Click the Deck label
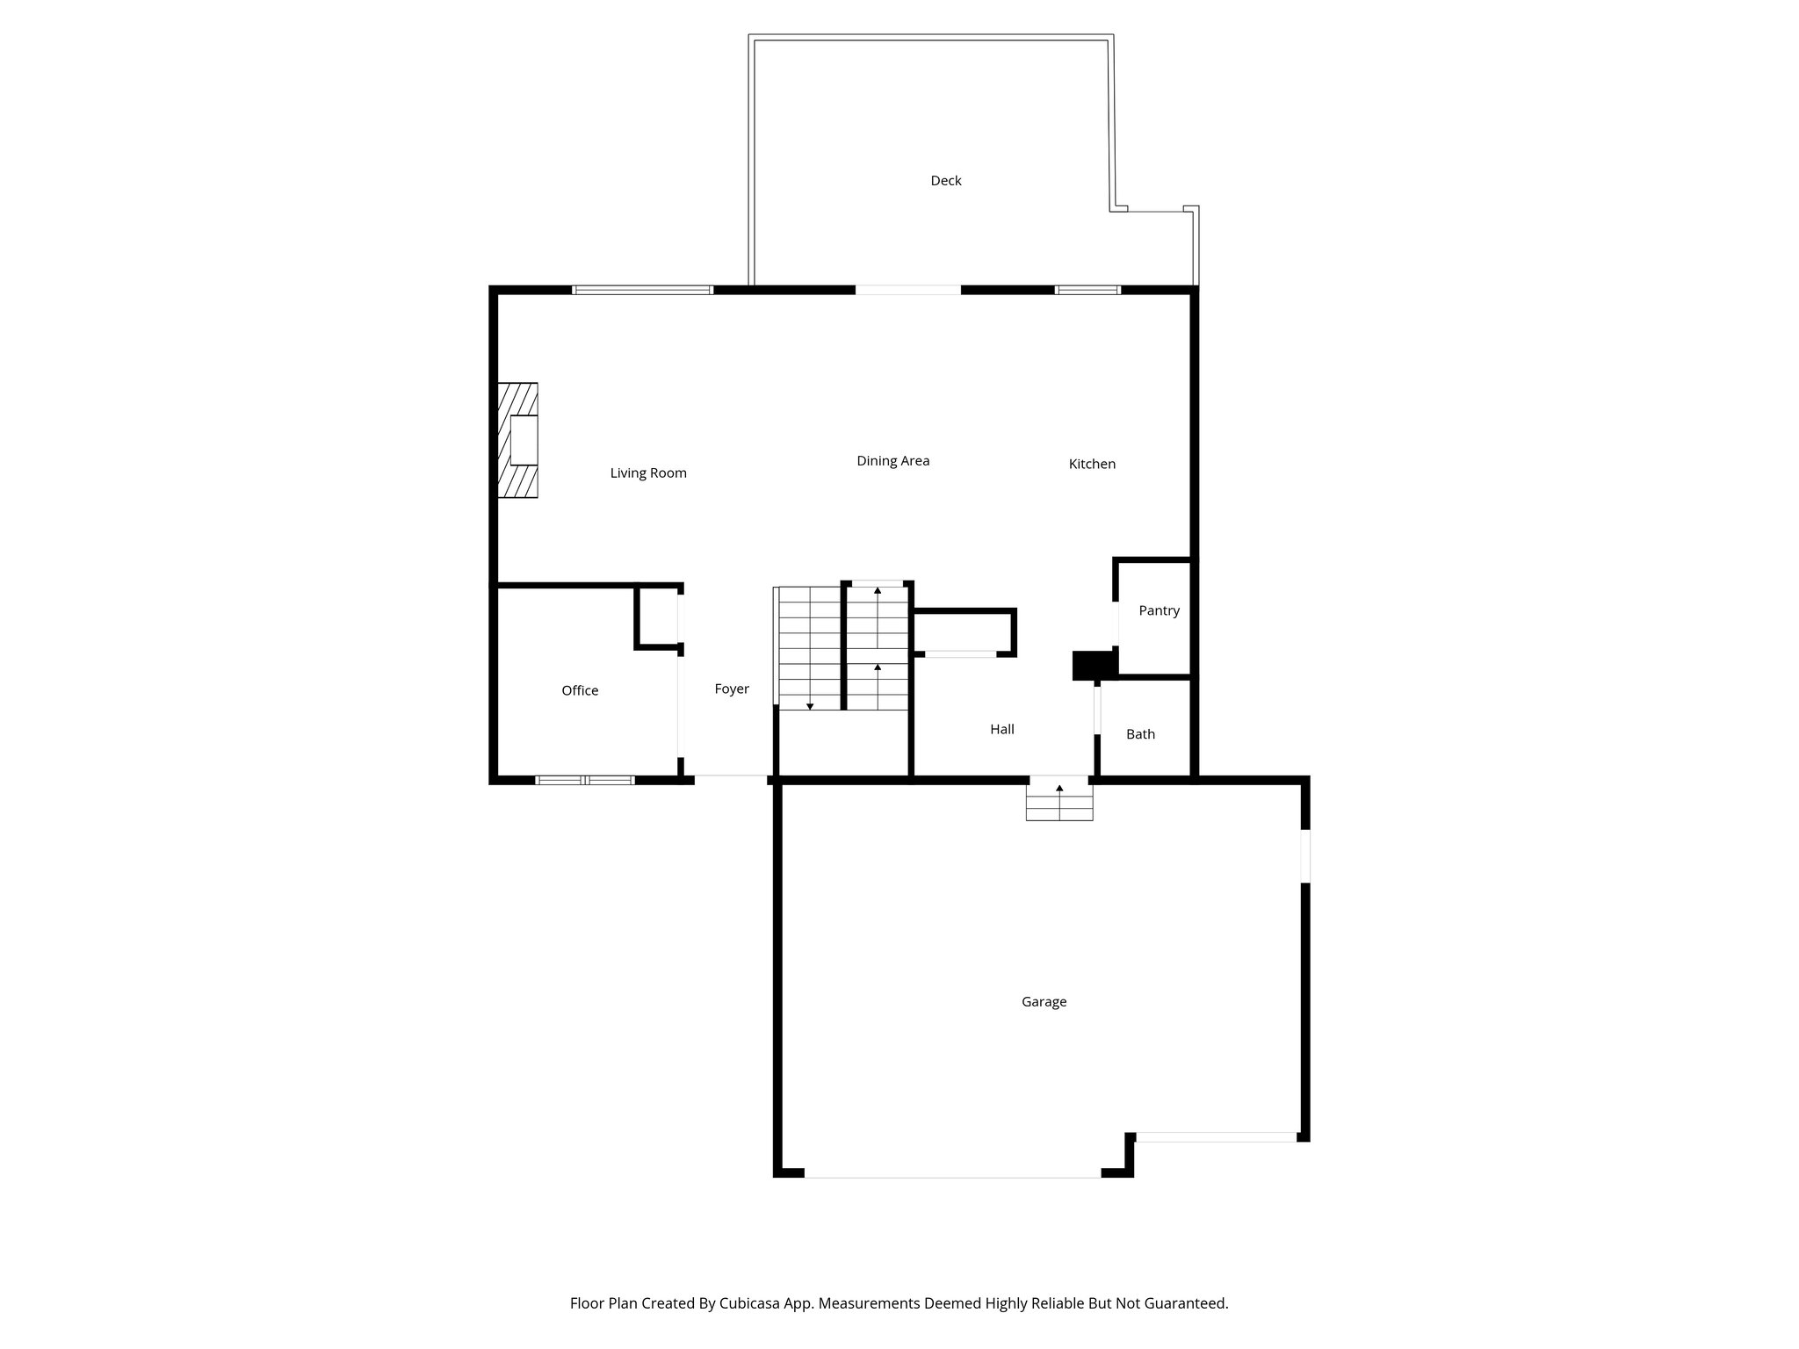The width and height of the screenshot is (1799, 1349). click(946, 181)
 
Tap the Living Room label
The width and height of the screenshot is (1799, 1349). click(648, 473)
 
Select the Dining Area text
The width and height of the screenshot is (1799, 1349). click(892, 461)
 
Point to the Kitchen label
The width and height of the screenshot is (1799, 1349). click(1092, 465)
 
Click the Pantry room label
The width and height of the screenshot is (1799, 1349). click(1159, 611)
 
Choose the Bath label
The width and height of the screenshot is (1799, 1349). click(1140, 735)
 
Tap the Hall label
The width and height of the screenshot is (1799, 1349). click(1001, 730)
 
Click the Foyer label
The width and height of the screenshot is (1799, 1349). click(731, 689)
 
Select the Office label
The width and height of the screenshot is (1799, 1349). click(580, 691)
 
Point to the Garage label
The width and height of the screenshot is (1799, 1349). click(1044, 1002)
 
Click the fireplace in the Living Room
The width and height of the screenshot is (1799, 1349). click(518, 441)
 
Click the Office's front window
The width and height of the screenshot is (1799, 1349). click(585, 780)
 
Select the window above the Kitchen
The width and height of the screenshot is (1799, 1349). click(1087, 290)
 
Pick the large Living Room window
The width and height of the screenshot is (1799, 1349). click(642, 290)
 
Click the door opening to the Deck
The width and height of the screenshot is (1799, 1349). click(908, 290)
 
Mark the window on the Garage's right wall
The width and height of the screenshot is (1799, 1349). click(1305, 855)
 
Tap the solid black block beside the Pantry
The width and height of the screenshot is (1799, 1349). click(1093, 665)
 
